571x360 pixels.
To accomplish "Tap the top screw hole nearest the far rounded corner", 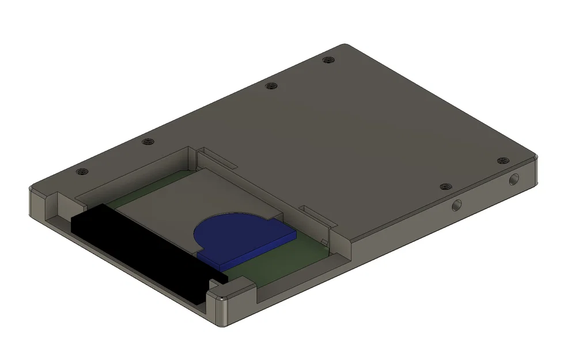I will point(328,59).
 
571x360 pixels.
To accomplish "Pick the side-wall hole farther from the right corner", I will point(457,204).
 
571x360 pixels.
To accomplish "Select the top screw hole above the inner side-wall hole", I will point(445,187).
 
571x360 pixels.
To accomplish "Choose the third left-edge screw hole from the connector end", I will point(271,86).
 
